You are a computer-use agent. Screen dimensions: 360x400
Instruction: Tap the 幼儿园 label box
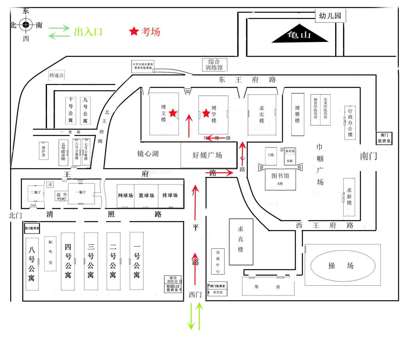[x=330, y=16]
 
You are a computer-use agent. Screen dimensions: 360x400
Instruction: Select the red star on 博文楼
[x=173, y=113]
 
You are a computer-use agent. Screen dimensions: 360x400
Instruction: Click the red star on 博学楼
[x=206, y=113]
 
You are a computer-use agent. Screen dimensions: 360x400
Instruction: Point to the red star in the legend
[x=134, y=32]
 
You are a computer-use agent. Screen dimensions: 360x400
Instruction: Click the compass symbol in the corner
[x=26, y=25]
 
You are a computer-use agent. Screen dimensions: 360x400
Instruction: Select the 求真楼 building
[x=241, y=241]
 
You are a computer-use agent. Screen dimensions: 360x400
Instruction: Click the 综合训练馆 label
[x=214, y=64]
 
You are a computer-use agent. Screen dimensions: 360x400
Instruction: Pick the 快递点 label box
[x=56, y=75]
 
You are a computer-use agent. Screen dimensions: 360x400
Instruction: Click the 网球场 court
[x=125, y=195]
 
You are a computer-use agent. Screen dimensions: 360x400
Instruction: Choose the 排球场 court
[x=170, y=195]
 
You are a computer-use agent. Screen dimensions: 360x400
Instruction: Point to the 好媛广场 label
[x=207, y=155]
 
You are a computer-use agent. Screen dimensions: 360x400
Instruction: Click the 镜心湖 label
[x=148, y=154]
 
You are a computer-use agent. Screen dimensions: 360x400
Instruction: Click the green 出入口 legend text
[x=88, y=32]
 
